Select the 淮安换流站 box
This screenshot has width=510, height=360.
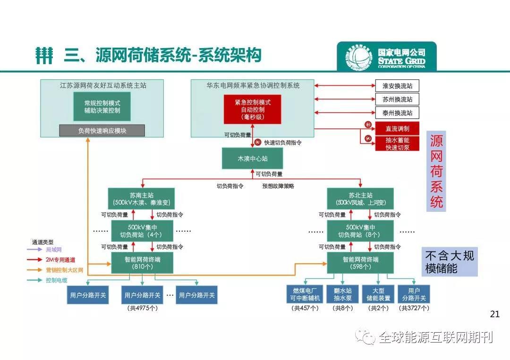point(397,86)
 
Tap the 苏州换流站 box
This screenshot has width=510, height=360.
point(397,100)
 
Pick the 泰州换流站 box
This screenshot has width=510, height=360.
point(397,113)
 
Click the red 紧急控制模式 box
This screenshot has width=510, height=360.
point(252,109)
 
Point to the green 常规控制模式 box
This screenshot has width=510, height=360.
point(102,106)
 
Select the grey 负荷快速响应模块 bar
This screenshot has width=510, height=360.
point(102,131)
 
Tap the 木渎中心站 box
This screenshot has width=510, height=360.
point(252,159)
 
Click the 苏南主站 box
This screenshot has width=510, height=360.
point(141,199)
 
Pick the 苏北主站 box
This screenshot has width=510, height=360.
point(360,199)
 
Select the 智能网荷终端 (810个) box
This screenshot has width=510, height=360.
point(141,262)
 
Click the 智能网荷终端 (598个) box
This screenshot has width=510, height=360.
point(360,262)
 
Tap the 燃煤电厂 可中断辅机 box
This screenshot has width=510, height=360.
point(305,294)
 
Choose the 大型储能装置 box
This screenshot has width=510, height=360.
point(378,294)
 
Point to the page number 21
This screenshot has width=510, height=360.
point(495,314)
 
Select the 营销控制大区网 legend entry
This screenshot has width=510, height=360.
point(64,270)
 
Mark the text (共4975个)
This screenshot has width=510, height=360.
point(142,308)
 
